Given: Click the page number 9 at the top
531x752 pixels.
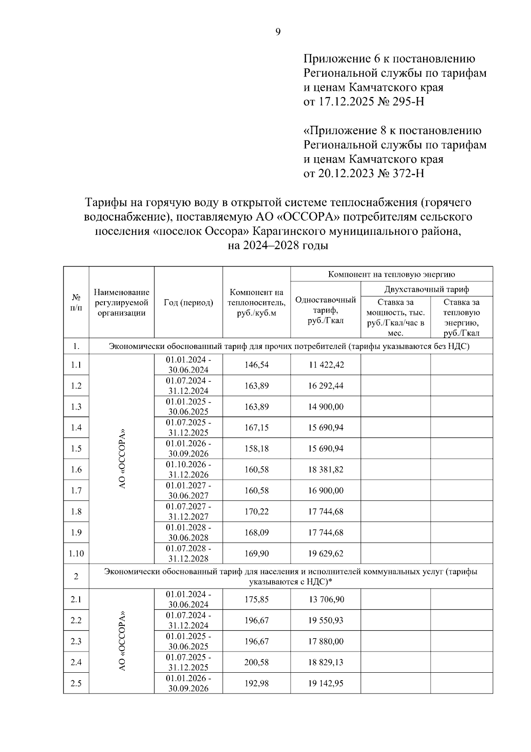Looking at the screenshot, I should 278,31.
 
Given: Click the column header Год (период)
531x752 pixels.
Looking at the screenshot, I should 188,303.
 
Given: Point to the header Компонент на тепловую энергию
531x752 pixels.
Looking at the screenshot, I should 392,274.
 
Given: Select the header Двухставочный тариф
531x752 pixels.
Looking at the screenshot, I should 427,289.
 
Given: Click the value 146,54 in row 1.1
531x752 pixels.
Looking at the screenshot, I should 257,364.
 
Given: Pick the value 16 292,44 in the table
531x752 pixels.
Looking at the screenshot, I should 326,386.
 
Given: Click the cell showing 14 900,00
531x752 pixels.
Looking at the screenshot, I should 326,407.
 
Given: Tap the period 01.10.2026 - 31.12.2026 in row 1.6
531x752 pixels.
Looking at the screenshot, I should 188,469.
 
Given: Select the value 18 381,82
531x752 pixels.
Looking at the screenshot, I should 326,469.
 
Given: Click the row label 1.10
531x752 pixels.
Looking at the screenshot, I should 76,553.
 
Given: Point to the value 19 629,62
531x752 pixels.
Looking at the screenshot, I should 326,553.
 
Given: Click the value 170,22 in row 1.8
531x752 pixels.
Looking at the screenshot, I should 257,512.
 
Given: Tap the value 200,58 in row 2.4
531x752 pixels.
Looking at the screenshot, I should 257,662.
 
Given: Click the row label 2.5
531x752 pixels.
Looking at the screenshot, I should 76,683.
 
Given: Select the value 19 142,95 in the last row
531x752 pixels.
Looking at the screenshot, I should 326,683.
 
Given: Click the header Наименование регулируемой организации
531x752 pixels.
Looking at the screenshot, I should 122,303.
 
